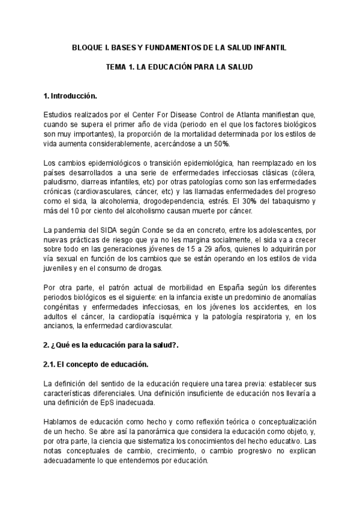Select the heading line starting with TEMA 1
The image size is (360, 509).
[179, 68]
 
